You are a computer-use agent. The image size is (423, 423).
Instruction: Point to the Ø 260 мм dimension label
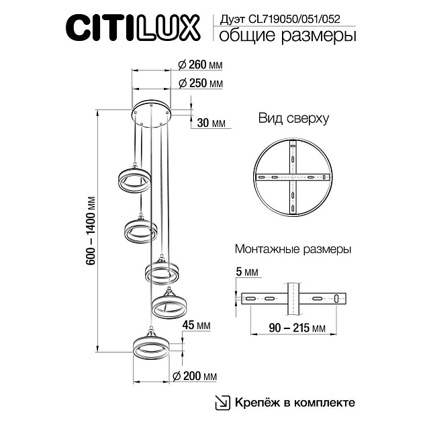(x=199, y=64)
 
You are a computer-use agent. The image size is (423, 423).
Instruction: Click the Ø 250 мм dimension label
(x=199, y=84)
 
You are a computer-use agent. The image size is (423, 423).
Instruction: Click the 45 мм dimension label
(x=197, y=325)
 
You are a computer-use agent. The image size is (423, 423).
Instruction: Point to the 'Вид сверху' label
(x=293, y=119)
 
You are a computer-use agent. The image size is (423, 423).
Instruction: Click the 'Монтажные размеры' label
(x=293, y=249)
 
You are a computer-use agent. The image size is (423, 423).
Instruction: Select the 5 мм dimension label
(x=247, y=273)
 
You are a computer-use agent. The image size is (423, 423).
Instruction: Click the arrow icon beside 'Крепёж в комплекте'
(x=220, y=402)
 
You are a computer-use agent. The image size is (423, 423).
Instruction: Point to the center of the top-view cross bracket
(x=293, y=177)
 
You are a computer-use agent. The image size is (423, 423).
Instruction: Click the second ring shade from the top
(x=140, y=230)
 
